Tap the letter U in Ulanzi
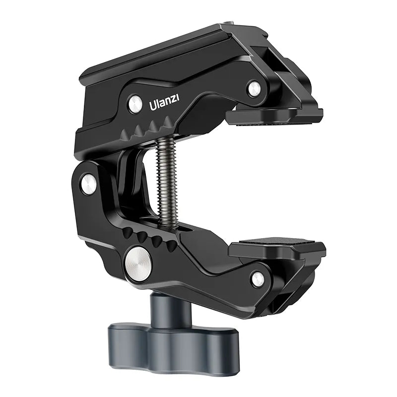click(152, 106)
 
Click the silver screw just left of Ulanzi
click(135, 103)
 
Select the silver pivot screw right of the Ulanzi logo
click(254, 89)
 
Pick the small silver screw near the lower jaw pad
click(258, 279)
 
